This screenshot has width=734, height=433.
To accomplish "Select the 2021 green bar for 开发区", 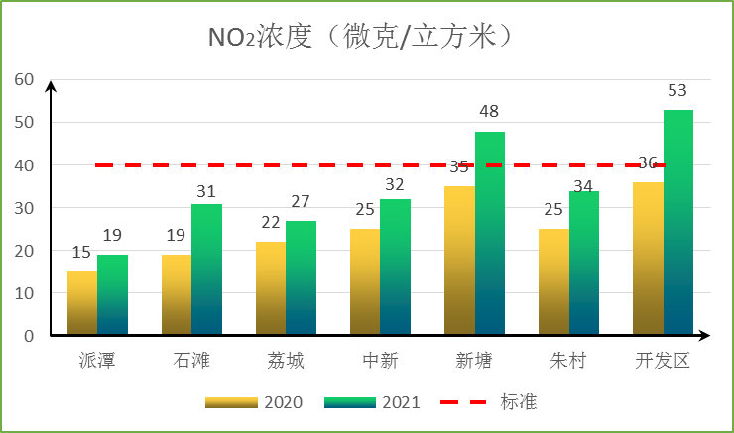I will (x=678, y=223).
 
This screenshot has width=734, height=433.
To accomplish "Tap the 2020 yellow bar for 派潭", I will (x=82, y=303).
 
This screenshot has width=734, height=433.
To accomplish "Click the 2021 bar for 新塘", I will (x=490, y=234).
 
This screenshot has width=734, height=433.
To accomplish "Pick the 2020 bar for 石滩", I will (x=177, y=295).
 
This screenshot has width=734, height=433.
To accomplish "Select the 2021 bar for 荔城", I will (x=302, y=278).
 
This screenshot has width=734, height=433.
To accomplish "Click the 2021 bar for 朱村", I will (x=584, y=264).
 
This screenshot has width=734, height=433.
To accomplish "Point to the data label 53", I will (x=677, y=91).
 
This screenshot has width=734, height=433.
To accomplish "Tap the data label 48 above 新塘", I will (x=489, y=112).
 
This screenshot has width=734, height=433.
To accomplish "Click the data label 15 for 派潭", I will (x=81, y=252).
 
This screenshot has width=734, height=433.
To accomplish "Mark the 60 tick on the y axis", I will (x=24, y=80).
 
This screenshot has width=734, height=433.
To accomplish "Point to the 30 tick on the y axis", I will (x=24, y=208).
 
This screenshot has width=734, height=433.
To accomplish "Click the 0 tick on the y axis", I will (x=29, y=336).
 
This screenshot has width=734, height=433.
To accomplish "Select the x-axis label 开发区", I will (x=663, y=360).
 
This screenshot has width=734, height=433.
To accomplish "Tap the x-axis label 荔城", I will (x=286, y=360).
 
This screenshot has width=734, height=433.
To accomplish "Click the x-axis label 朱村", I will (x=568, y=360).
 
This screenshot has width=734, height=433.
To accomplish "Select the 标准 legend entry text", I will (x=519, y=402).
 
